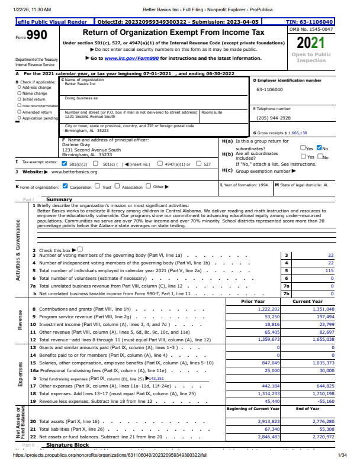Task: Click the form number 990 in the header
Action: point(36,35)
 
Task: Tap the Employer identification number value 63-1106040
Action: point(269,89)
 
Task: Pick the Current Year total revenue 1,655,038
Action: point(322,340)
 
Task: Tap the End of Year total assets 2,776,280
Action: point(322,421)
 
